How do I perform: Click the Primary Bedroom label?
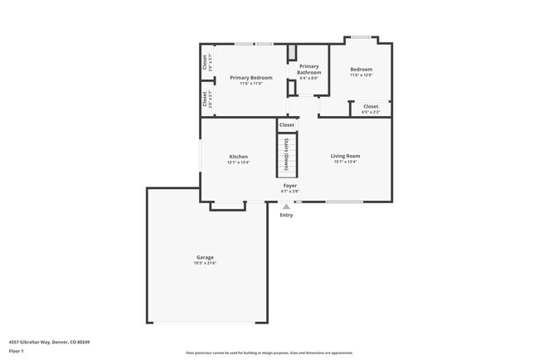(x=250, y=78)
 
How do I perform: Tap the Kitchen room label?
(x=238, y=157)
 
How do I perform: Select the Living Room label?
(x=345, y=156)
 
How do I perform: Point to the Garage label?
(x=205, y=257)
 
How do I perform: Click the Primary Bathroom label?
(x=308, y=70)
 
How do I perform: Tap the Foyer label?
(x=290, y=185)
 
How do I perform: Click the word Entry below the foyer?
(x=286, y=215)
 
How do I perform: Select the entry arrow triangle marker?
(x=286, y=206)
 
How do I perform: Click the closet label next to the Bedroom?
(x=371, y=106)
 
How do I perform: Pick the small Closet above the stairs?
(x=287, y=125)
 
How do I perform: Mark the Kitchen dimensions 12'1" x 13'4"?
(x=238, y=163)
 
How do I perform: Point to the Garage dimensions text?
(x=205, y=263)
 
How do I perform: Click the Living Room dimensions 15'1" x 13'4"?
(x=345, y=162)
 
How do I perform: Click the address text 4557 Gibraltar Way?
(x=49, y=341)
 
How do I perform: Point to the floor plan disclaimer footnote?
(x=269, y=352)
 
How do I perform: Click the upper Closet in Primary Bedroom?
(x=205, y=62)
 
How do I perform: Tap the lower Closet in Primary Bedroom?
(x=205, y=100)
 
